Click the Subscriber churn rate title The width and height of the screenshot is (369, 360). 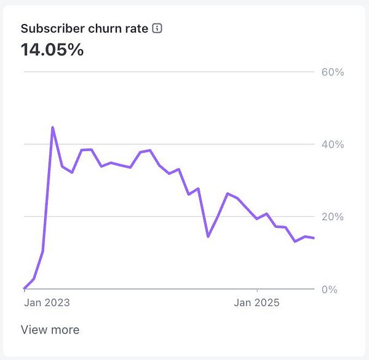pyautogui.click(x=85, y=28)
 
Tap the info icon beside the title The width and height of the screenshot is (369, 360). pyautogui.click(x=157, y=28)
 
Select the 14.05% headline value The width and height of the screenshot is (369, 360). pyautogui.click(x=52, y=50)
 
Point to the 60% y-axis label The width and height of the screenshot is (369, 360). pyautogui.click(x=332, y=72)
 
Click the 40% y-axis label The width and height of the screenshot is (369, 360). pyautogui.click(x=332, y=144)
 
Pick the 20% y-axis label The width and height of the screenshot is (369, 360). pyautogui.click(x=332, y=217)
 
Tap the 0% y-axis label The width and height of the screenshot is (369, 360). pyautogui.click(x=330, y=289)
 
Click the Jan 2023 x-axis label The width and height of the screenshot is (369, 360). pyautogui.click(x=47, y=302)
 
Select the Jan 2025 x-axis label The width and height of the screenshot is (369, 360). pyautogui.click(x=257, y=302)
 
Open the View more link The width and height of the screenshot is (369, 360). pyautogui.click(x=50, y=330)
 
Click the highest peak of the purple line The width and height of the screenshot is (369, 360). pyautogui.click(x=52, y=127)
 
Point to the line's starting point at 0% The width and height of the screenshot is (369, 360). pyautogui.click(x=24, y=288)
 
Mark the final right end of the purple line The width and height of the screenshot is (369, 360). pyautogui.click(x=314, y=238)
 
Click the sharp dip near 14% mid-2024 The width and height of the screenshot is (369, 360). pyautogui.click(x=208, y=236)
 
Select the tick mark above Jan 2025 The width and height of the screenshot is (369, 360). pyautogui.click(x=257, y=291)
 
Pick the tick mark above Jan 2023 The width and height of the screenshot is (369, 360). pyautogui.click(x=24, y=291)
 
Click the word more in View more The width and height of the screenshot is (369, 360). pyautogui.click(x=65, y=330)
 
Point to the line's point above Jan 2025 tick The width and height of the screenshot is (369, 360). pyautogui.click(x=257, y=219)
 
